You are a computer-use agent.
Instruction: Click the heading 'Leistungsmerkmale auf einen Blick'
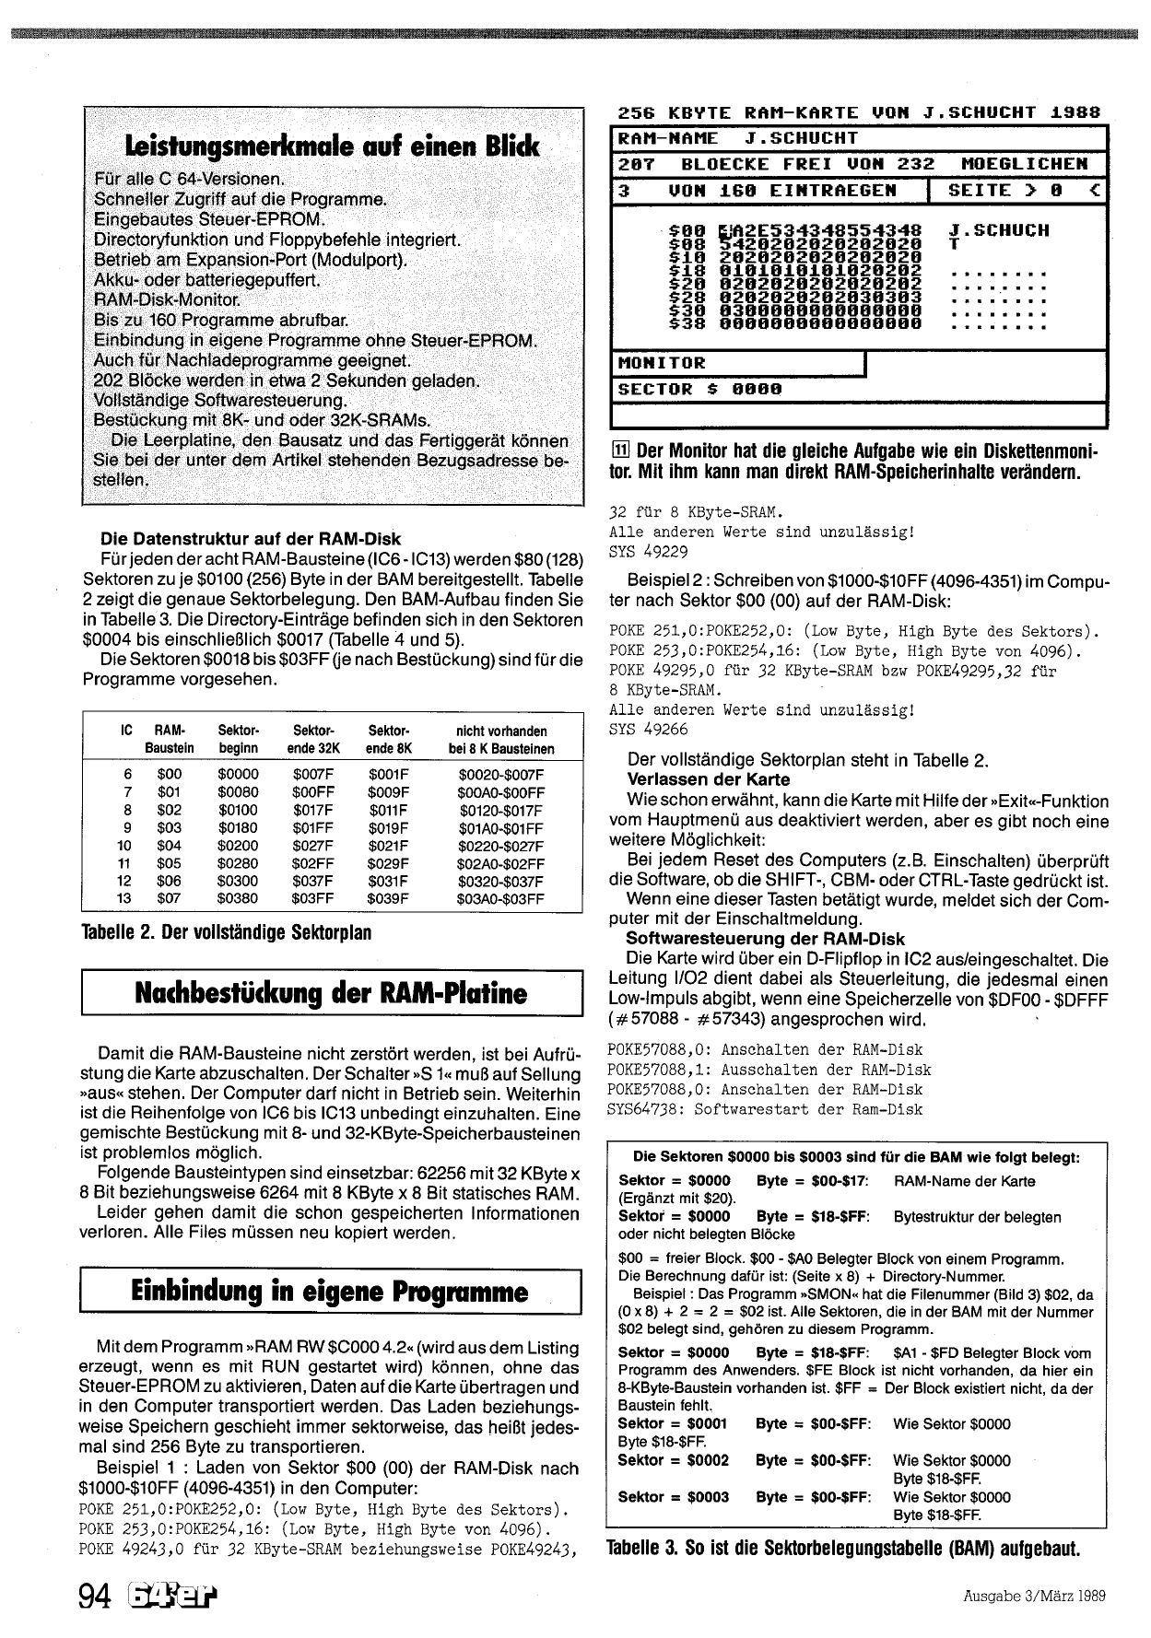click(x=333, y=146)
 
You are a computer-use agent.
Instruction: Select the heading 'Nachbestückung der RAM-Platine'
click(x=332, y=992)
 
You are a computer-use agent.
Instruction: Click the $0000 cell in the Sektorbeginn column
click(x=238, y=775)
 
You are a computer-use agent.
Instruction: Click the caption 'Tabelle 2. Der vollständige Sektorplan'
click(x=227, y=933)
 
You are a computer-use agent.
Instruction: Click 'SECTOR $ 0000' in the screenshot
click(x=699, y=389)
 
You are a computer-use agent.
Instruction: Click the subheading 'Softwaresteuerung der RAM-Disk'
click(x=765, y=939)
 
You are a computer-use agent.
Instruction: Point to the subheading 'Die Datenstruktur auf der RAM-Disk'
click(x=251, y=539)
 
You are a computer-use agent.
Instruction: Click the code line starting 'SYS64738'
click(x=765, y=1109)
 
